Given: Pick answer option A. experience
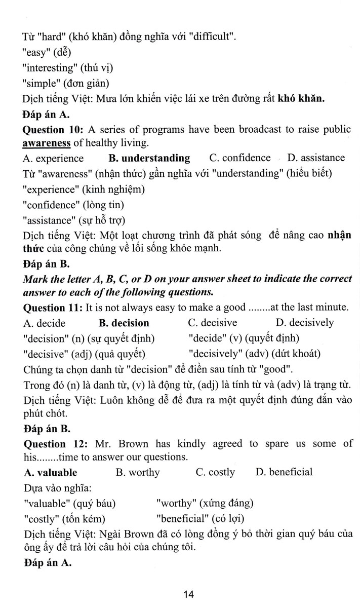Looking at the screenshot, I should pos(53,159).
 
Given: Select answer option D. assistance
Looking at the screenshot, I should pos(316,158).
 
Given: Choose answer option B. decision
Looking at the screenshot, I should pos(124,323).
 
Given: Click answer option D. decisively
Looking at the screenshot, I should pos(305,323).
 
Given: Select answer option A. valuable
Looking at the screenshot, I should pos(51,473).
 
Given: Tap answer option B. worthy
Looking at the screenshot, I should pos(138,473).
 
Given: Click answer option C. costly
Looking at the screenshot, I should pos(215,473).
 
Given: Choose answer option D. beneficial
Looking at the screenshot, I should pos(284,473).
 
